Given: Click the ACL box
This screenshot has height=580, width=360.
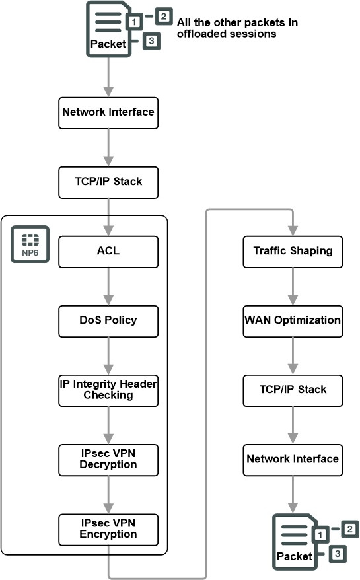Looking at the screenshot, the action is (108, 252).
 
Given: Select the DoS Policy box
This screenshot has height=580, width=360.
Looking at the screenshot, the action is (108, 321).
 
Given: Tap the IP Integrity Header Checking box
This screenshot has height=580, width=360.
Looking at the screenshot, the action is (108, 390).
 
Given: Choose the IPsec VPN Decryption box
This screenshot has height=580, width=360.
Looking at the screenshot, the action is (108, 460).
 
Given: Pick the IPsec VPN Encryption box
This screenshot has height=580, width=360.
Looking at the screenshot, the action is (108, 529).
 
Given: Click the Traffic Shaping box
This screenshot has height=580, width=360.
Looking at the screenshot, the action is (293, 252).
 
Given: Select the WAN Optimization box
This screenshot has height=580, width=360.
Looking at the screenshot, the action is (293, 321).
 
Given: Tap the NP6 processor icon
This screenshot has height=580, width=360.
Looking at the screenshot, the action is (30, 244).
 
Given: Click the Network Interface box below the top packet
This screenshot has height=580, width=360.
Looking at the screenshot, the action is (108, 113).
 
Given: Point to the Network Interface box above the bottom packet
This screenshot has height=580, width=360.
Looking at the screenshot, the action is (293, 460).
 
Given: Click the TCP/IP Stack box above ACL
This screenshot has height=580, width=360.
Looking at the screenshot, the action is (108, 182).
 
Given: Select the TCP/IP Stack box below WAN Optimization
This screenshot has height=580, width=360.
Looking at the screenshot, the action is (293, 390).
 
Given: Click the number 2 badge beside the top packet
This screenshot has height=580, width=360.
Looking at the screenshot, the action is (164, 17).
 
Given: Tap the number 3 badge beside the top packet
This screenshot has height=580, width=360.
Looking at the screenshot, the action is (151, 40).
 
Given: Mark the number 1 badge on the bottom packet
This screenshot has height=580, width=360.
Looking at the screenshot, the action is (320, 534).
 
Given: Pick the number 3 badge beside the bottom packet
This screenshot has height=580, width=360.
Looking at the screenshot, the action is (338, 554).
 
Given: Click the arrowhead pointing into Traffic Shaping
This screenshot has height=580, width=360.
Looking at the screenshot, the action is (293, 231).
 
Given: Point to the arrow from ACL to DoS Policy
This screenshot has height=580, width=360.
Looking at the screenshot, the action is (108, 287).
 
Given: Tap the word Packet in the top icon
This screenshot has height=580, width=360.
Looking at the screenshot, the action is (108, 44).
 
